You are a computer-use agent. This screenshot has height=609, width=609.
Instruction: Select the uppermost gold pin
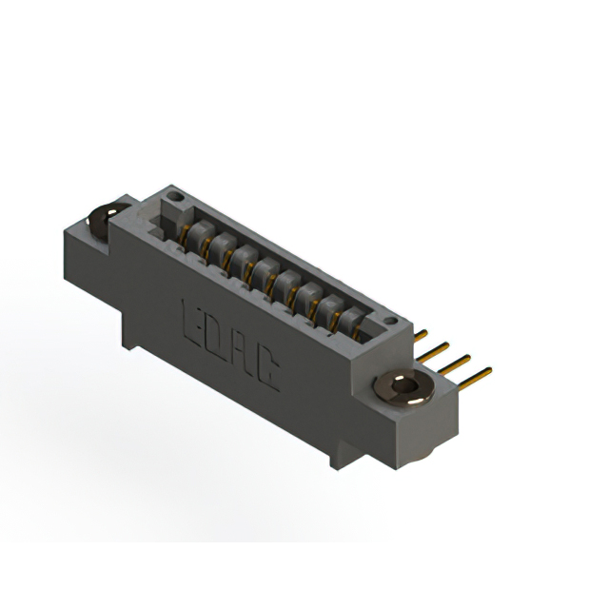tap(425, 334)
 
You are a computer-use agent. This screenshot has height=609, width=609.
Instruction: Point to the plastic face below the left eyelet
tap(86, 257)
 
